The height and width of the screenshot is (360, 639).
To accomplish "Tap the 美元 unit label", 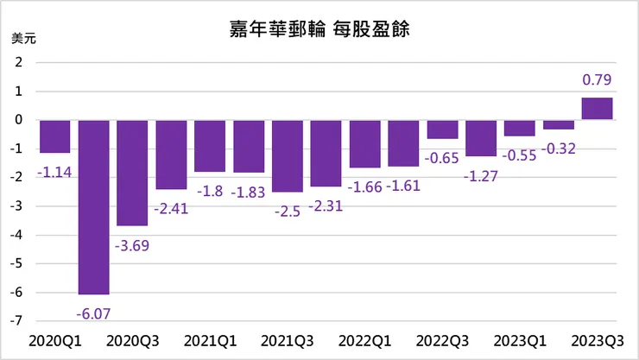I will [x=22, y=40].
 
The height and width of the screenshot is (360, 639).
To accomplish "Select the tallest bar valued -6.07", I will [x=94, y=207].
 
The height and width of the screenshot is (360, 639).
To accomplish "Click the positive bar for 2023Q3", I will [x=597, y=109].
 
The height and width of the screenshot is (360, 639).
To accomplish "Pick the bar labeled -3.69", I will [x=133, y=173].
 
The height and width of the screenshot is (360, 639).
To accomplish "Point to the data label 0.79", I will [x=598, y=81].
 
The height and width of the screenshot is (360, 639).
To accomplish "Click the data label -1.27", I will [x=482, y=176].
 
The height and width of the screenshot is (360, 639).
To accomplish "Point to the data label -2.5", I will [x=288, y=212].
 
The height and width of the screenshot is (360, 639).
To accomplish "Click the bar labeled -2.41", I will [x=171, y=155].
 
